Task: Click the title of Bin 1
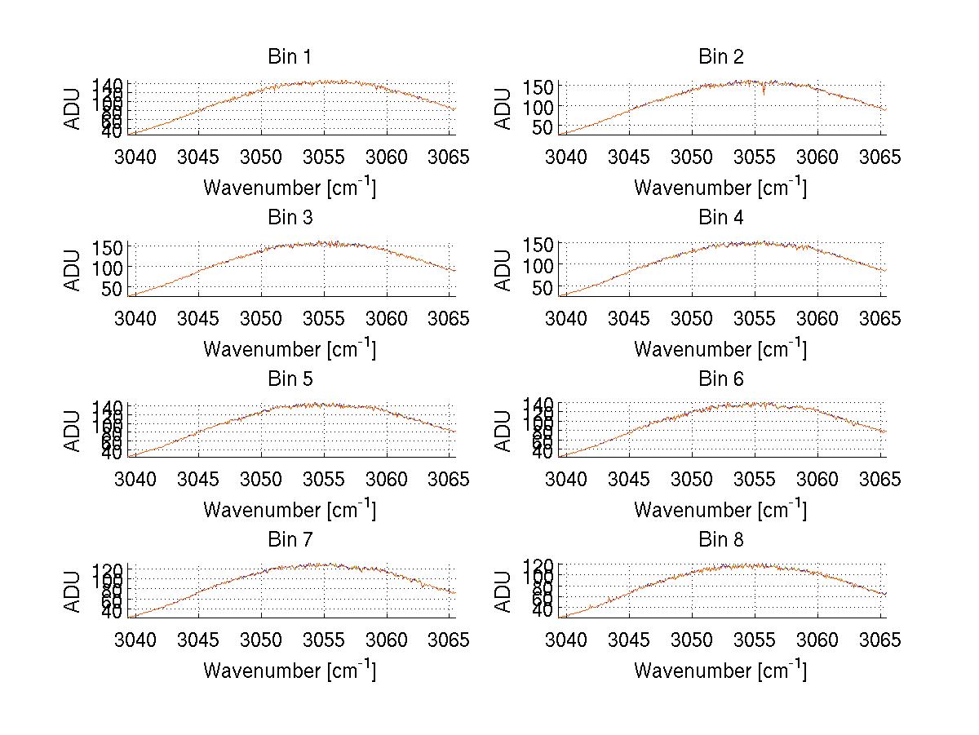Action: pos(290,57)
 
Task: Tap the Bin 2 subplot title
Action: pos(721,57)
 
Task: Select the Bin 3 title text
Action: pos(290,218)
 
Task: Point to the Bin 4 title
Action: pos(721,218)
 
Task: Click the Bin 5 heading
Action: pos(290,379)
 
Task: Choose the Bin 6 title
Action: pos(721,379)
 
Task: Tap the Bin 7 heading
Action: pos(290,540)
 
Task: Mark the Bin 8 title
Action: pos(721,540)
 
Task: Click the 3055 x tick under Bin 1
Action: pos(325,157)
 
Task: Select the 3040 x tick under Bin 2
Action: pos(565,157)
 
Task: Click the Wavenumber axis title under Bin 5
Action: pos(290,510)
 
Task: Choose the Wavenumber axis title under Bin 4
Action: pos(721,349)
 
